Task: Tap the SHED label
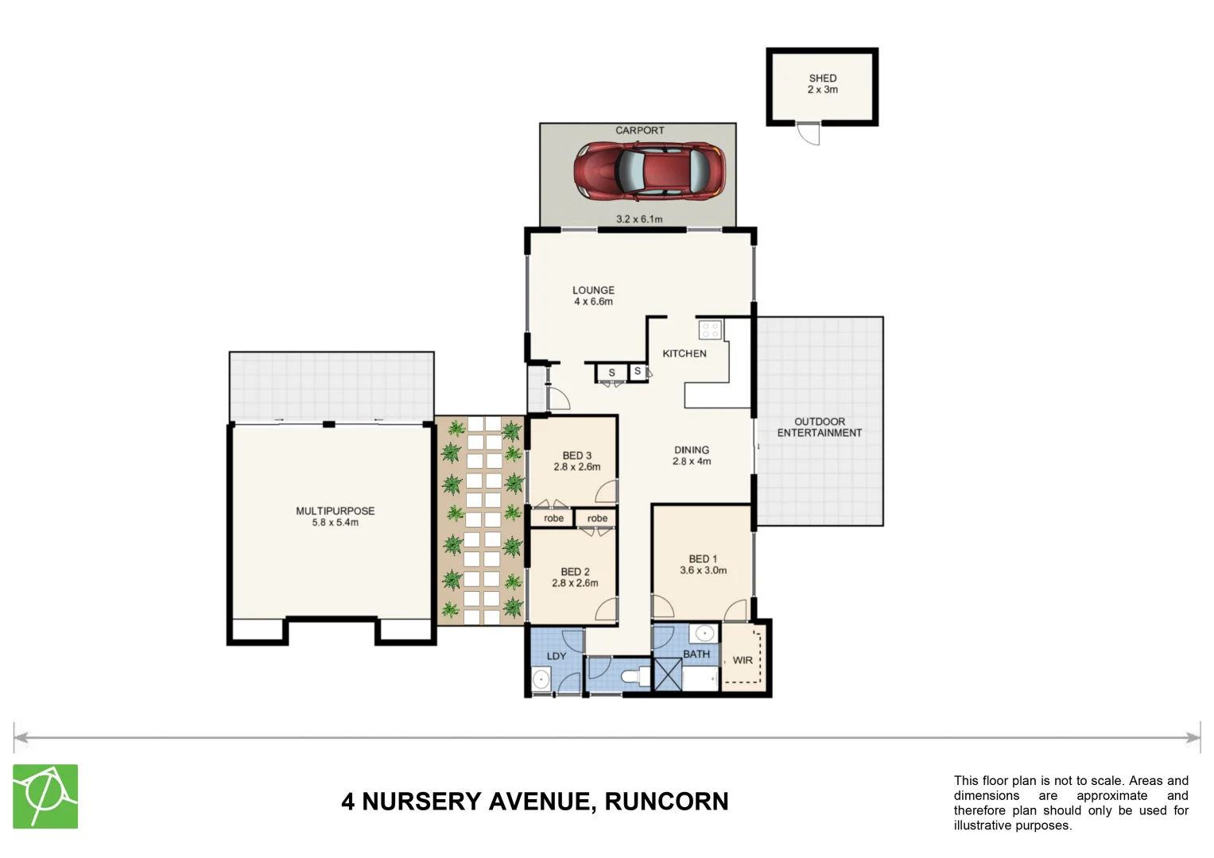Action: click(823, 79)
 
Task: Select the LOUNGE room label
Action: click(593, 291)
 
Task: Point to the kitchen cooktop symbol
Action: click(710, 329)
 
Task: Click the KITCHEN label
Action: click(684, 354)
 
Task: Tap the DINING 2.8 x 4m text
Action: click(691, 455)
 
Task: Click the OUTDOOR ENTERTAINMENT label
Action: click(819, 427)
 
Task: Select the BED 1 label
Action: click(703, 559)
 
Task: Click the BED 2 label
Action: click(575, 572)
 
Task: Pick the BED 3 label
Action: click(576, 456)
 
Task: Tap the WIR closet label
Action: click(742, 660)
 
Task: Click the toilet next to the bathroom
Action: click(635, 677)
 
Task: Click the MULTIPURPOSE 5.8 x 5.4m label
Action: click(335, 516)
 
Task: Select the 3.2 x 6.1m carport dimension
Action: click(639, 219)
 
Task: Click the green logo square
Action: click(45, 796)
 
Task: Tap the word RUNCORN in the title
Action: click(666, 802)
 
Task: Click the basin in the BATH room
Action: click(704, 634)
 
